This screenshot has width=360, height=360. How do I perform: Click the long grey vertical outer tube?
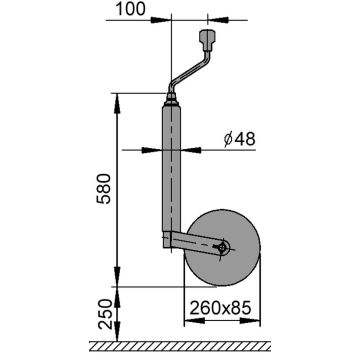click(x=170, y=170)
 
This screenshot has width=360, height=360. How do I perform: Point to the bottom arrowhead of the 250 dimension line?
click(x=118, y=338)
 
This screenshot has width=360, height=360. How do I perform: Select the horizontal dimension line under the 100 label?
click(x=189, y=19)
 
